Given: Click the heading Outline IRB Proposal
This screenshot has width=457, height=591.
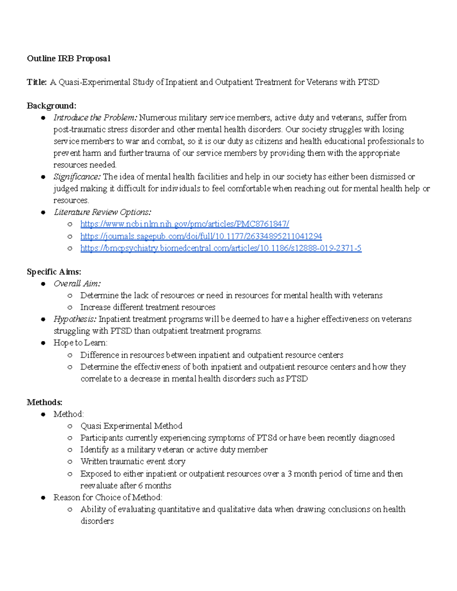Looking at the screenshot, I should pos(69,58).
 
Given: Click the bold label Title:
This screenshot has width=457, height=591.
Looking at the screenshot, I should pos(37,82).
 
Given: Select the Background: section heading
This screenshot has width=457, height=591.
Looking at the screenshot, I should pos(51,105).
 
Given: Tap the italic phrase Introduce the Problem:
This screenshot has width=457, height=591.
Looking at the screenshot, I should pos(95,117).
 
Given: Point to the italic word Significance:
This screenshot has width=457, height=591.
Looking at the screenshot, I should pos(77,177).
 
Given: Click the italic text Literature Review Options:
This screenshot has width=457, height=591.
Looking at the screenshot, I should pos(102,212).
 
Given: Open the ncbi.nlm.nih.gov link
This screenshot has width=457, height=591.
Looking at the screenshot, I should pos(185,224).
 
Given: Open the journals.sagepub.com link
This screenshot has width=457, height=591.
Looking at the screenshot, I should pos(201,236).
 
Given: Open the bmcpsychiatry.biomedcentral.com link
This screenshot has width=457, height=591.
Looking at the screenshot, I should pos(221,248).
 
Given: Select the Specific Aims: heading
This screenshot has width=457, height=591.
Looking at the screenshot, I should pos(54,271).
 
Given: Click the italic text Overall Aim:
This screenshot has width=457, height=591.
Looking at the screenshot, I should pos(77,284).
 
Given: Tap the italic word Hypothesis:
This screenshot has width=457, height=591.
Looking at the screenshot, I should pos(75,319).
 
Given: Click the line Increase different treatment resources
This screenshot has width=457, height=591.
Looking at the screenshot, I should pos(148,307).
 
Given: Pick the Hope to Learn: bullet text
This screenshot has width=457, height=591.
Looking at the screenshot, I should pos(80,342).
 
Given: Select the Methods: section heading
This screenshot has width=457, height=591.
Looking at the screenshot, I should pos(45,402).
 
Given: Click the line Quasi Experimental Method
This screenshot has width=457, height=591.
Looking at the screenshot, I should pos(131,426).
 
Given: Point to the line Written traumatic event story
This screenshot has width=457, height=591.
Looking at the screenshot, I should pos(133,461).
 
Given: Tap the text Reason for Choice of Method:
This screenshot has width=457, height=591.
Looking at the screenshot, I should pos(108,497).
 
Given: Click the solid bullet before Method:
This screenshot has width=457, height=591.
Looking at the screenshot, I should pos(43,414).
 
